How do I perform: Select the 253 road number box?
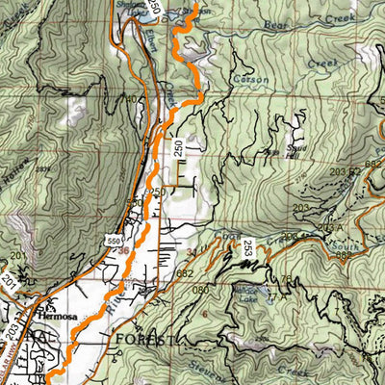click(248, 245)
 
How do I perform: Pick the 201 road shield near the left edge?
click(15, 255)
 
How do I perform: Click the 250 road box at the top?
click(153, 8)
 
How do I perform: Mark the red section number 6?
click(204, 313)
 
